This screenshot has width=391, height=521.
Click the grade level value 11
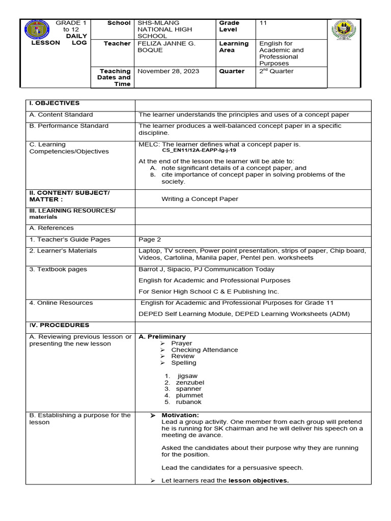(x=263, y=23)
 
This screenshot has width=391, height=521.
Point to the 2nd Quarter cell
(x=276, y=71)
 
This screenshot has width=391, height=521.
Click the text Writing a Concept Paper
(x=200, y=199)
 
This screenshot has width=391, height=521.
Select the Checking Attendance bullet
(x=204, y=350)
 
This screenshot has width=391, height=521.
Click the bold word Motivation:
(x=180, y=416)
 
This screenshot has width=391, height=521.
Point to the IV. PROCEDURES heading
(x=59, y=325)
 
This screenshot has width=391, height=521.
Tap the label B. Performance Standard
(x=69, y=126)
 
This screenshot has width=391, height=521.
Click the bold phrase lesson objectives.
(x=258, y=481)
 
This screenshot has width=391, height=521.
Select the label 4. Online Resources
(x=61, y=303)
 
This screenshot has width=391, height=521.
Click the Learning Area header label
(x=234, y=47)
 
